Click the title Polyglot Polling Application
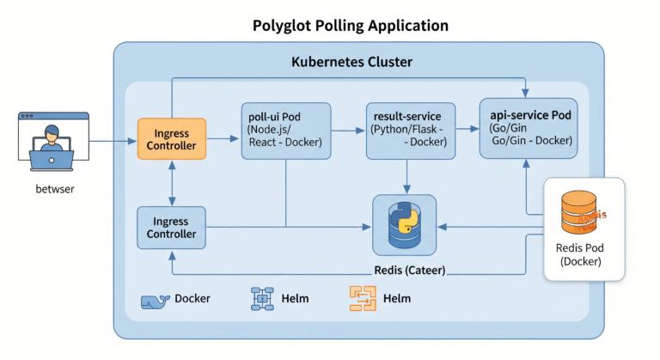tap(350, 25)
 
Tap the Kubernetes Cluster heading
tap(351, 63)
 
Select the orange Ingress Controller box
tap(172, 139)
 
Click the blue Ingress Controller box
tap(172, 227)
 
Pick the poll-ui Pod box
tap(285, 131)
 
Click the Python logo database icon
tap(404, 222)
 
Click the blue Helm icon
tap(261, 299)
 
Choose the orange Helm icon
tap(363, 299)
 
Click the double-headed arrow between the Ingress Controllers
tap(172, 183)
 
